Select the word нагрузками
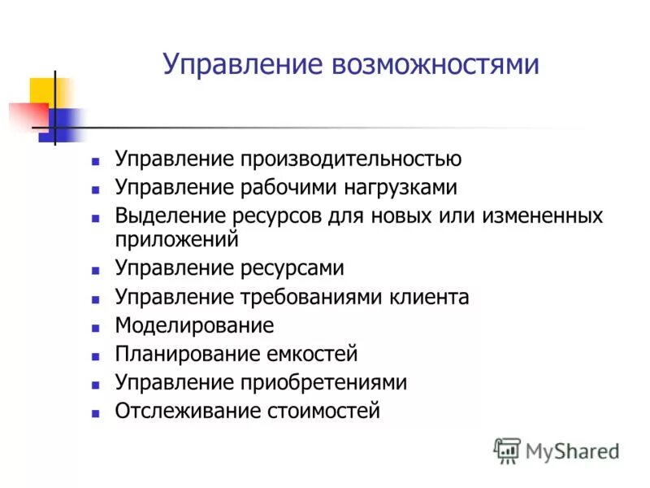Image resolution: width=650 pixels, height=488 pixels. [392, 187]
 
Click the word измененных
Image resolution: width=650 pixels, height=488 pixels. [540, 216]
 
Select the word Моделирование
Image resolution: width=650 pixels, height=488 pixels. [194, 325]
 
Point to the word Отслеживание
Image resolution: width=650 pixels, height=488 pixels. [188, 411]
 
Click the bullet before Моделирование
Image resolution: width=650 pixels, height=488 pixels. [96, 327]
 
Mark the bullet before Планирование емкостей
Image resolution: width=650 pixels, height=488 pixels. [96, 355]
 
